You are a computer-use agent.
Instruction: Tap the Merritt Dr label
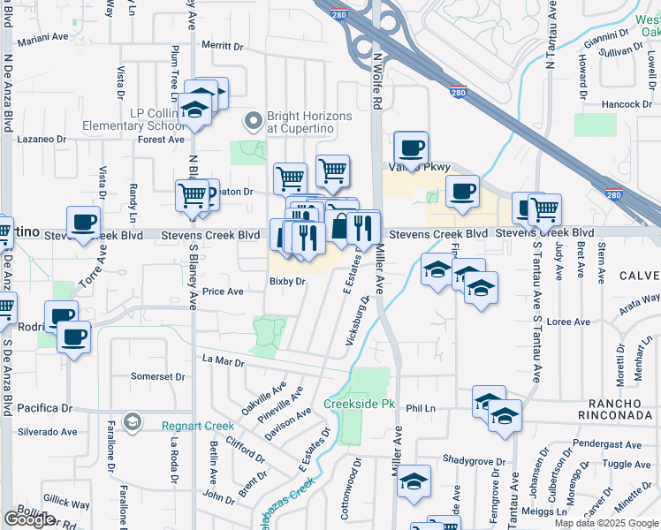pyautogui.click(x=222, y=46)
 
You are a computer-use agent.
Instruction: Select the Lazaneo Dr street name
pyautogui.click(x=42, y=140)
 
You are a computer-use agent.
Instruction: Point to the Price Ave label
pyautogui.click(x=222, y=291)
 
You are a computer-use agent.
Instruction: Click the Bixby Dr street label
pyautogui.click(x=287, y=282)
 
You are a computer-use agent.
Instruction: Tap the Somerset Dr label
pyautogui.click(x=158, y=376)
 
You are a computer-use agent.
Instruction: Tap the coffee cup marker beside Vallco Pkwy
pyautogui.click(x=410, y=147)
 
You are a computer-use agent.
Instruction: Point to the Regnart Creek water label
pyautogui.click(x=198, y=426)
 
